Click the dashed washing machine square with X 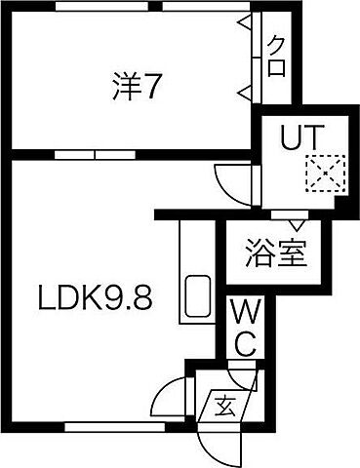pyautogui.click(x=319, y=175)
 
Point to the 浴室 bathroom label pyautogui.click(x=275, y=253)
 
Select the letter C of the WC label pyautogui.click(x=244, y=342)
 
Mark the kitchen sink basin pyautogui.click(x=198, y=296)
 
